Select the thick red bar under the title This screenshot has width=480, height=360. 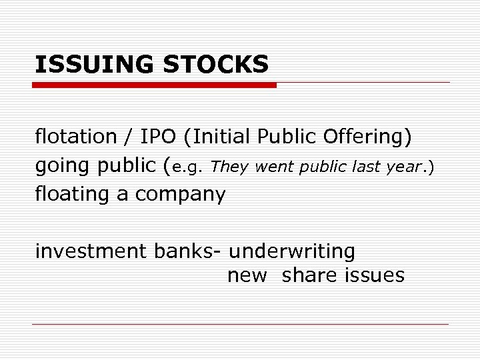pyautogui.click(x=155, y=85)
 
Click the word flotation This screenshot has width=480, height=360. pyautogui.click(x=76, y=137)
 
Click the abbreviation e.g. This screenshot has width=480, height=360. pyautogui.click(x=188, y=167)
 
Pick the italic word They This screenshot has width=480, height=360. pyautogui.click(x=229, y=167)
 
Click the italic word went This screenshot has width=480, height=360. pyautogui.click(x=273, y=167)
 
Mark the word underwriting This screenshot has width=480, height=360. pyautogui.click(x=292, y=251)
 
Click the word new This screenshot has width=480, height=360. pyautogui.click(x=247, y=275)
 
